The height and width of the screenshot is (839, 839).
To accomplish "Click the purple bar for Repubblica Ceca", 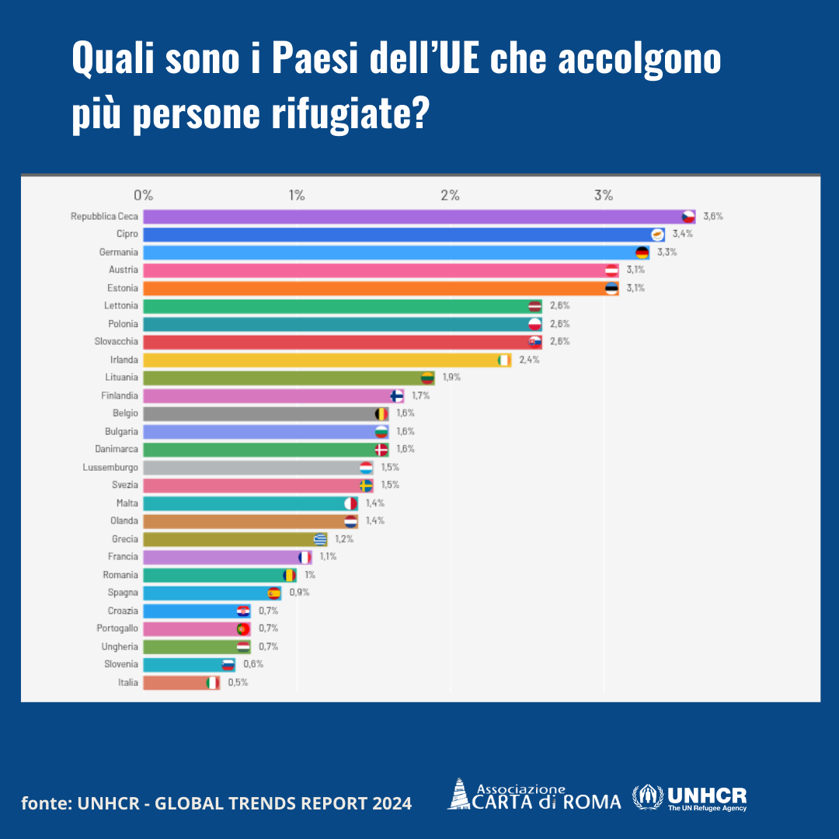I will pos(412,216).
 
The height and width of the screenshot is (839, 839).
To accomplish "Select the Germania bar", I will pos(388,252).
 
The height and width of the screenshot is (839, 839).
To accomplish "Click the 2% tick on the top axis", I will pos(450,195).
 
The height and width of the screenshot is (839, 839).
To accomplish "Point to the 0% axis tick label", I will pos(143,195).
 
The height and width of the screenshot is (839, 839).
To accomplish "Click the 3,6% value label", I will pos(713,216).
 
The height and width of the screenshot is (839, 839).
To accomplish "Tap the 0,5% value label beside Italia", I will pos(238,683).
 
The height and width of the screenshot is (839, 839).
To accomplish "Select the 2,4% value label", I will pos(529,360).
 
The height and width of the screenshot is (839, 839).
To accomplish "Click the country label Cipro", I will pos(127,234).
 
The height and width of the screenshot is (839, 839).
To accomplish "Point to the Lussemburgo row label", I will pos(110,468).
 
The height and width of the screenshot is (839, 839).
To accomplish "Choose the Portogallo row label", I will pos(117,628).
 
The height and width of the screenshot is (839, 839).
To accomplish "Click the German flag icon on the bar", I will pos(642,252).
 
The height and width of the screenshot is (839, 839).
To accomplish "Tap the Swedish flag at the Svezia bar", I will pos(366,486).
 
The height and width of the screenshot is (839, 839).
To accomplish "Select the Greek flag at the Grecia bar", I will pos(320,539).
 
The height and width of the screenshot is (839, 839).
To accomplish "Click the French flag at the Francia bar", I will pos(305,557).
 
